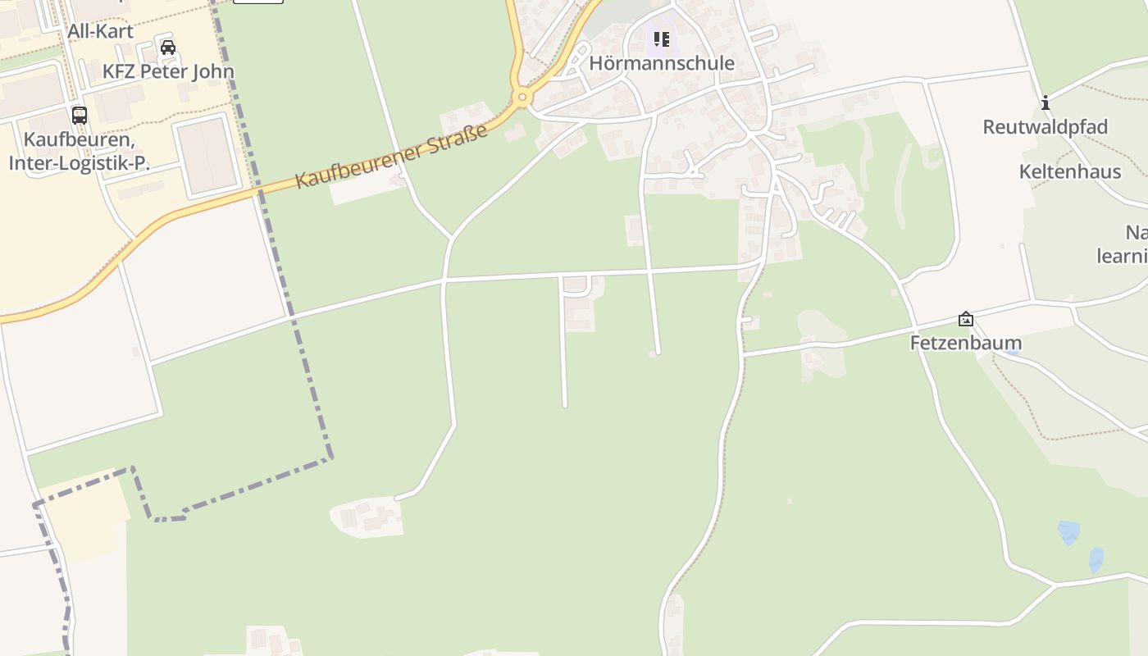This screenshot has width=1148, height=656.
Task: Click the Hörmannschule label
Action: [x=662, y=63]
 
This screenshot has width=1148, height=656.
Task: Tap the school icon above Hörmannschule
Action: [x=662, y=39]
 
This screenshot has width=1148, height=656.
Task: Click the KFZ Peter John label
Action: [x=168, y=71]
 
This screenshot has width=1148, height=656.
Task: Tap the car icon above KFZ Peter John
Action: [x=168, y=48]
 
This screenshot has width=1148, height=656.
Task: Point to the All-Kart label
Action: [x=100, y=32]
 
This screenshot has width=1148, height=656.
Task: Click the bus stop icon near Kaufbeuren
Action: [x=80, y=115]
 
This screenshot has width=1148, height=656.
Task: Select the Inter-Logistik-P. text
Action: [x=80, y=162]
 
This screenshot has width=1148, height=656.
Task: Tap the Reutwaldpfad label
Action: [x=1045, y=127]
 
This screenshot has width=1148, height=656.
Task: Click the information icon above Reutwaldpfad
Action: [x=1045, y=103]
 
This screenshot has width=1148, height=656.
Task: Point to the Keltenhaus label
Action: [x=1069, y=171]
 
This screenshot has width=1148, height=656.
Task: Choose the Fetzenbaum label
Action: [x=966, y=343]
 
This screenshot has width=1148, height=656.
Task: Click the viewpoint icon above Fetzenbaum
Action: [x=966, y=319]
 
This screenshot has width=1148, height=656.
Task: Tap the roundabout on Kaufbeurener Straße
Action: [x=522, y=98]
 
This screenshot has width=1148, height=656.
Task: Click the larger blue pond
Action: [x=1068, y=532]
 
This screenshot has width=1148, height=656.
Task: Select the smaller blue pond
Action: [x=1096, y=560]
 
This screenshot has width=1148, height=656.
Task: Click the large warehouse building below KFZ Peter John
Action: [x=206, y=156]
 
